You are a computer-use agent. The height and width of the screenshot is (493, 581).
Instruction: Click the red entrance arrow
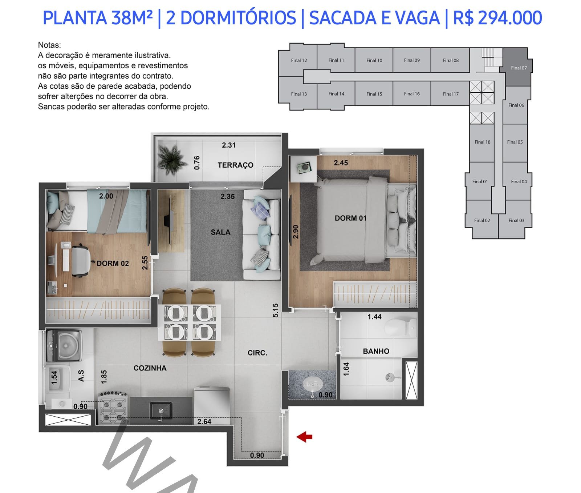click(x=304, y=437)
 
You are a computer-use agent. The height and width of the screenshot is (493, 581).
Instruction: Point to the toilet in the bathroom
click(x=401, y=327)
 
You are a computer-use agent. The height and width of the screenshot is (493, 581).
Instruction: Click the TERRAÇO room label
click(x=235, y=165)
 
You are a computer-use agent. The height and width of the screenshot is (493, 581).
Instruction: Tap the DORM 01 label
click(x=350, y=218)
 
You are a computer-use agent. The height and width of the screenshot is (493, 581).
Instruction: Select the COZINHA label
click(x=150, y=368)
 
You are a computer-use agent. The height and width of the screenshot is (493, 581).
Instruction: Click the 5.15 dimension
click(x=275, y=310)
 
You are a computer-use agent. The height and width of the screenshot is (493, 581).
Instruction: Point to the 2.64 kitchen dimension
click(x=204, y=421)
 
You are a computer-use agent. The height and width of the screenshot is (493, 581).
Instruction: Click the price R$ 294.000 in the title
click(x=497, y=18)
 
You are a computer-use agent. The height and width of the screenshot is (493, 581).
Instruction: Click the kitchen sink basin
click(x=161, y=410)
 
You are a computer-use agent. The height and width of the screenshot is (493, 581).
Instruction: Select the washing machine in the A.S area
click(x=64, y=345)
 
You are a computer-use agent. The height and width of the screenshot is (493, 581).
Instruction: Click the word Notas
click(x=49, y=45)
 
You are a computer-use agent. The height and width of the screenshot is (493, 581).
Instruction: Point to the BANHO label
click(x=376, y=351)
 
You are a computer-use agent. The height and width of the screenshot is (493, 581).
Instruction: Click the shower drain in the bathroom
click(x=390, y=378)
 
